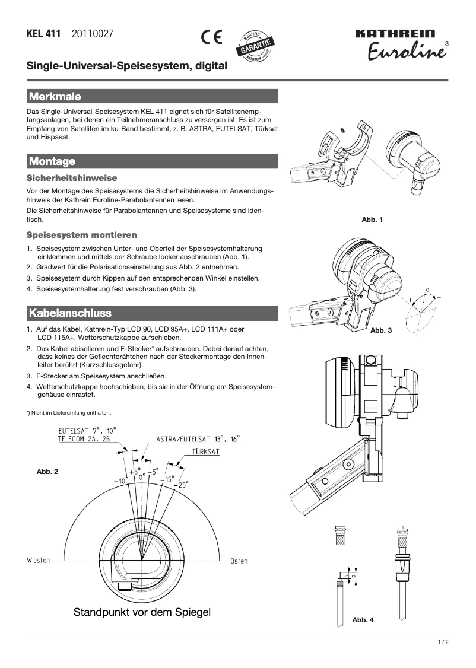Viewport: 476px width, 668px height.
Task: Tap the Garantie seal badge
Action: click(x=256, y=45)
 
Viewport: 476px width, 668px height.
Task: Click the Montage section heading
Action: click(x=52, y=161)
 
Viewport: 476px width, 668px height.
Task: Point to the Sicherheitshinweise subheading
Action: click(x=72, y=178)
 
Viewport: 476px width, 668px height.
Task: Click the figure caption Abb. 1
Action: click(x=372, y=220)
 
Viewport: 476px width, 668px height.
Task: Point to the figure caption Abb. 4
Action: click(x=363, y=620)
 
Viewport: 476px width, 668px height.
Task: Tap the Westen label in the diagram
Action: click(x=38, y=561)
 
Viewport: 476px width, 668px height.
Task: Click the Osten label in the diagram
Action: click(x=239, y=561)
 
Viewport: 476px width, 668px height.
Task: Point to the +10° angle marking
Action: click(x=121, y=481)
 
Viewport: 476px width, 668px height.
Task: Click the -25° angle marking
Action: click(x=181, y=484)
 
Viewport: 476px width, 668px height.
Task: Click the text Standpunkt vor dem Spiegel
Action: click(x=142, y=612)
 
